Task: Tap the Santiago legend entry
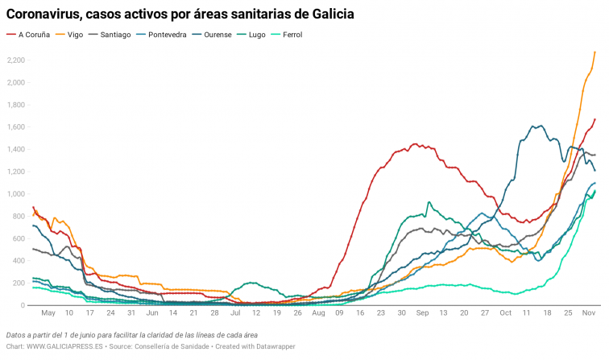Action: (x=117, y=35)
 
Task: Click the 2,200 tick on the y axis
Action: (x=15, y=60)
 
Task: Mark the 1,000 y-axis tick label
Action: (x=15, y=194)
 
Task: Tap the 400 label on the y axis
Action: (x=19, y=261)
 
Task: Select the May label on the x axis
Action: (x=48, y=312)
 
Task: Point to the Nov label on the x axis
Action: (x=589, y=312)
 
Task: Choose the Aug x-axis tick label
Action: (x=318, y=312)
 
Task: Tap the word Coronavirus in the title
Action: (x=47, y=14)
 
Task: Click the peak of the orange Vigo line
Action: (x=594, y=52)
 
